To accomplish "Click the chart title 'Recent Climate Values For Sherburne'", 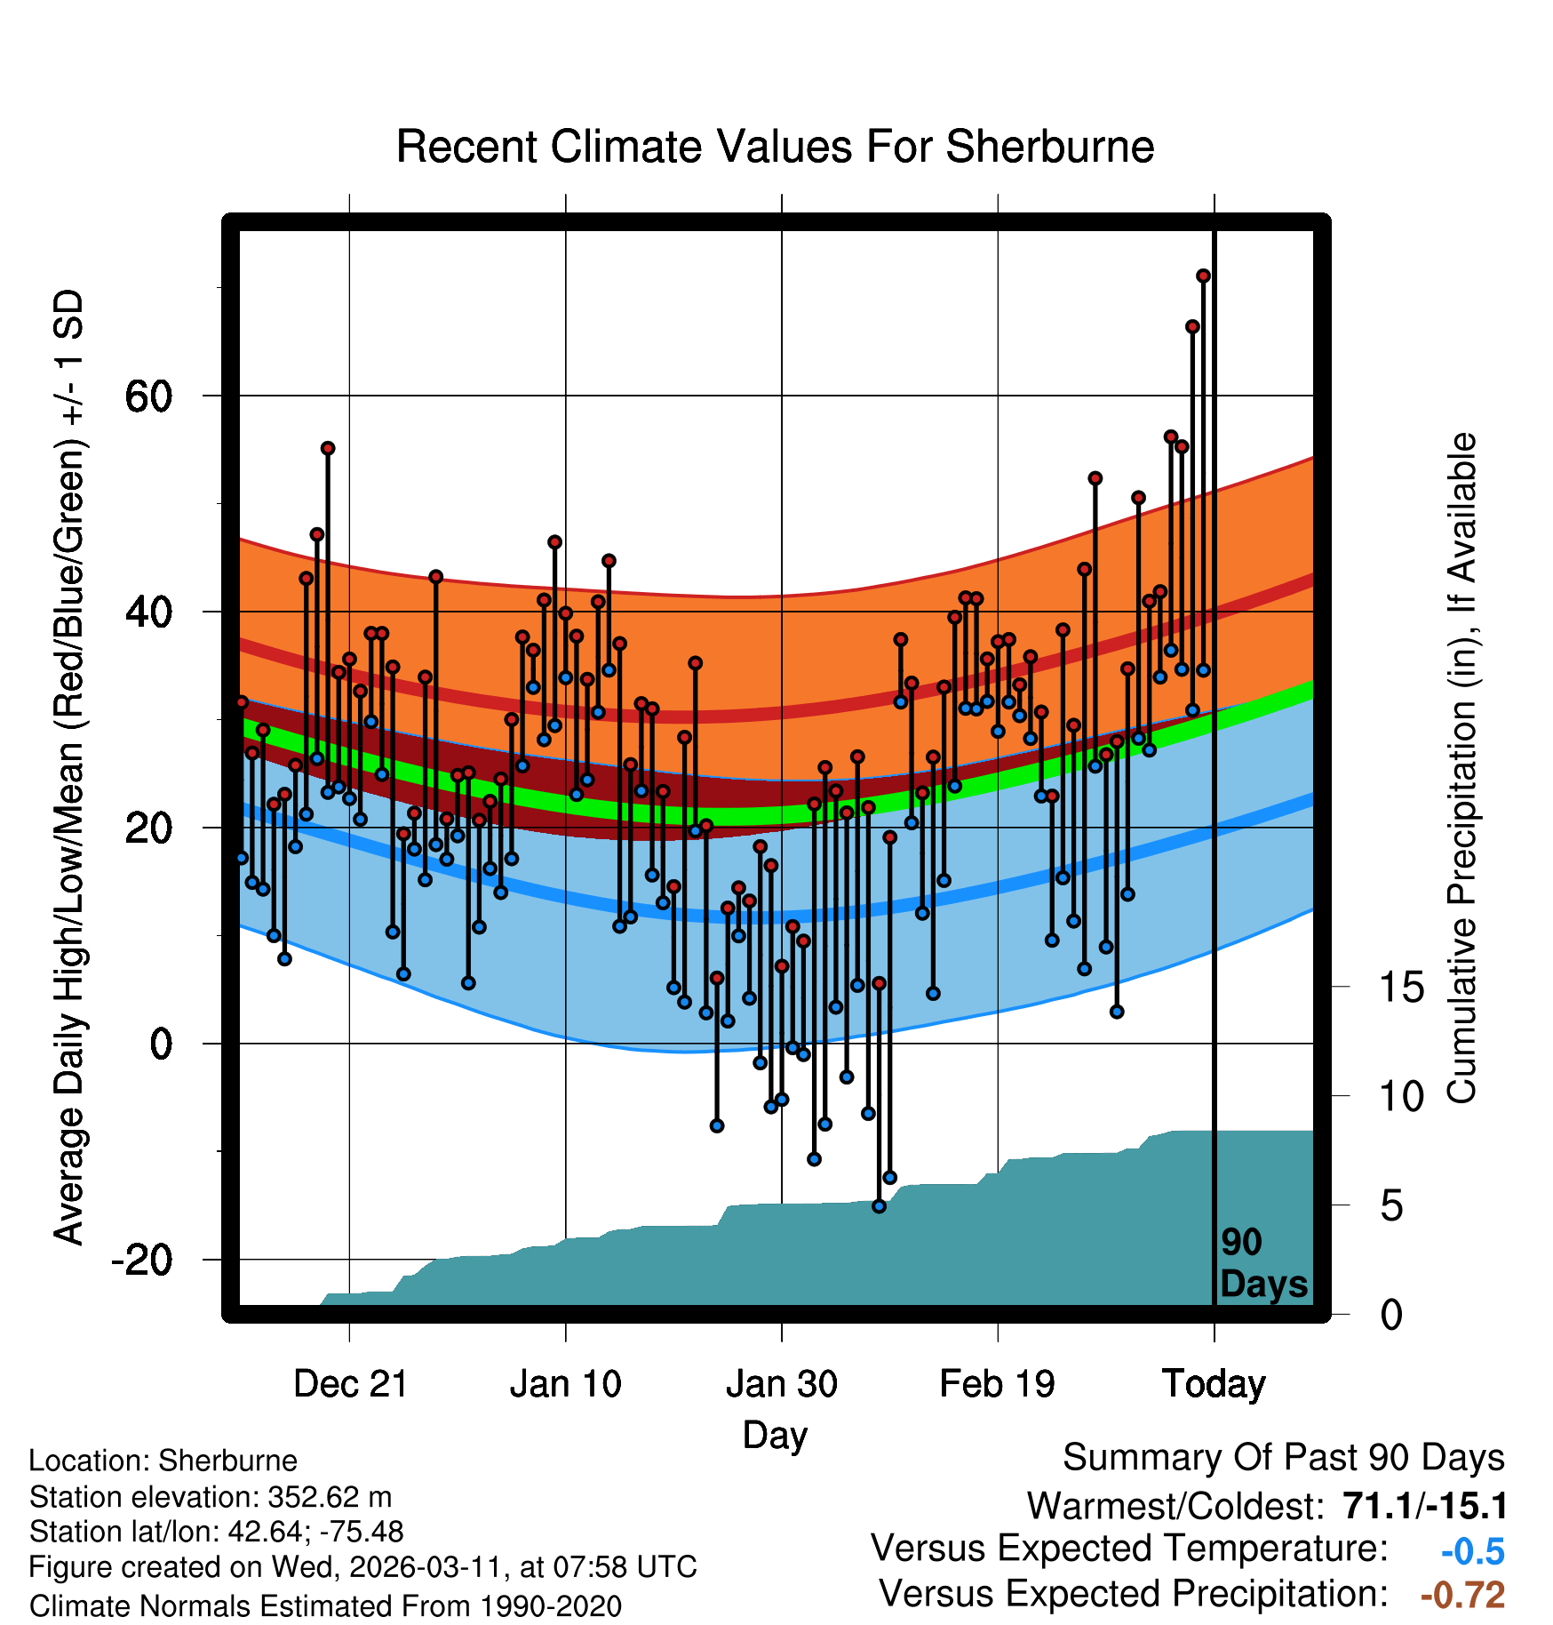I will (775, 147).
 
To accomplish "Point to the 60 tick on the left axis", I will (148, 396).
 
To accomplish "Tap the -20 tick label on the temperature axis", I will (141, 1261).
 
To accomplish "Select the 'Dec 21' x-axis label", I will (350, 1383).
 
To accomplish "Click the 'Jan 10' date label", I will (566, 1383).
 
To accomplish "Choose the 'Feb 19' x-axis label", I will (997, 1383).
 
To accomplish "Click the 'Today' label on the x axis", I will (1214, 1383).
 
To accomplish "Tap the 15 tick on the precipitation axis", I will (1401, 988).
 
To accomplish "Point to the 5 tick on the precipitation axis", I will (1391, 1206).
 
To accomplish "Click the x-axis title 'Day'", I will (775, 1435).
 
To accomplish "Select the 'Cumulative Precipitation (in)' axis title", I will (1461, 768).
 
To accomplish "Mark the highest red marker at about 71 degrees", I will (1203, 276).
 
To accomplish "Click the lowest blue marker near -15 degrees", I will (879, 1206).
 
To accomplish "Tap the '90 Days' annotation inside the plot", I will (1262, 1263).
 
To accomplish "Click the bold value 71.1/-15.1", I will (1425, 1506).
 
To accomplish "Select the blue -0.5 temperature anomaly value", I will (1472, 1551).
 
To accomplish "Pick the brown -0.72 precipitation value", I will (1462, 1595).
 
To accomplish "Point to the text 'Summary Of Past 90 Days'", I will (1283, 1458).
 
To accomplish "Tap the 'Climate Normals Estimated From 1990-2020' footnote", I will (325, 1605).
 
